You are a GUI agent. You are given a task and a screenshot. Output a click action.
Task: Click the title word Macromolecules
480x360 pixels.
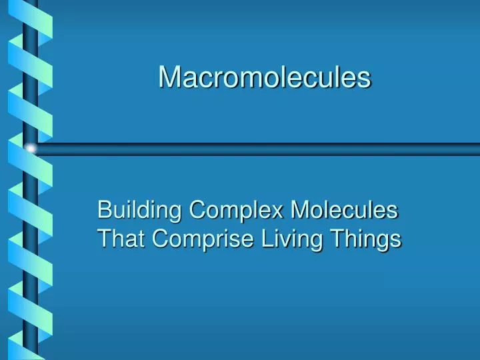[x=264, y=77]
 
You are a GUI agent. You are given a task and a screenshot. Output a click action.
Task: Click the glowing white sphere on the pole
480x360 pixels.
[x=29, y=149]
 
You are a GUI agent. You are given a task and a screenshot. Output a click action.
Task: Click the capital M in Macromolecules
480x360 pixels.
[x=168, y=77]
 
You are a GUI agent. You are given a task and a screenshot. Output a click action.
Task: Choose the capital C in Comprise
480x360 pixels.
[x=160, y=238]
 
